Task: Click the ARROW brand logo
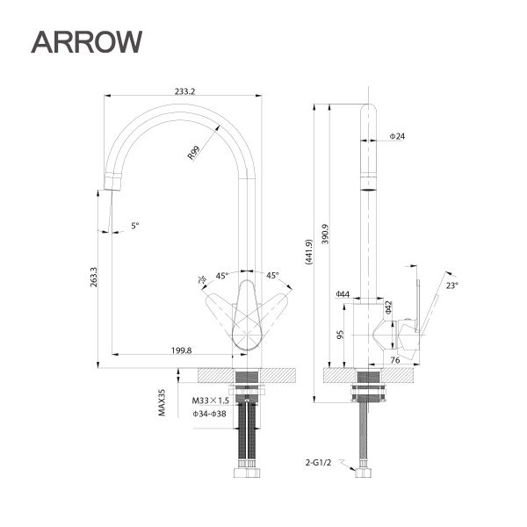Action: point(86,40)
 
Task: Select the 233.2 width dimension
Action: point(185,90)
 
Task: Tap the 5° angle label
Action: point(135,226)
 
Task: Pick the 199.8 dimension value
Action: point(182,350)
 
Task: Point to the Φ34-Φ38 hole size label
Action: point(209,414)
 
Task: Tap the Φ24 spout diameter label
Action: point(397,137)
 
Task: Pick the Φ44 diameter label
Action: point(343,293)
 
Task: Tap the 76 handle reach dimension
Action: point(395,360)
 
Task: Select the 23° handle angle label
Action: point(451,285)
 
